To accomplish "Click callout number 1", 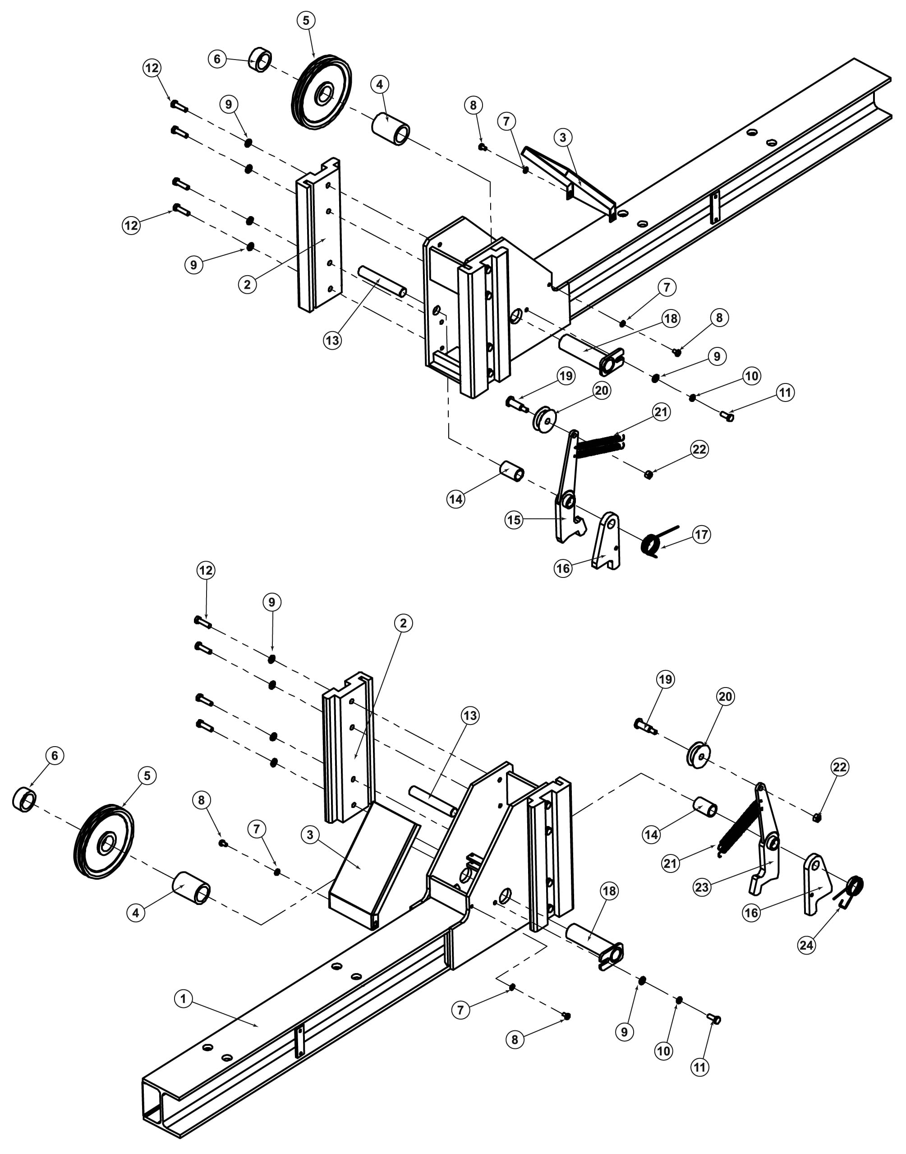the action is tap(183, 999).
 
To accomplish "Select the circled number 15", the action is tap(514, 520).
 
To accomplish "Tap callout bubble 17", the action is tap(702, 534).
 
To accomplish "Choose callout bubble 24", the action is tap(806, 945).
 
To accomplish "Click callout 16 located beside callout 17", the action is tap(563, 569).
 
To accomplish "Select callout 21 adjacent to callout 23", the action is tap(671, 863).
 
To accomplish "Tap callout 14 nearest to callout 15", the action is tap(455, 499).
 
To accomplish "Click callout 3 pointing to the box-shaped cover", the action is tap(310, 835).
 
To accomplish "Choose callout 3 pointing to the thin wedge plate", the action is tap(563, 137).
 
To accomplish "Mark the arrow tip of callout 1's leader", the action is tap(259, 1027).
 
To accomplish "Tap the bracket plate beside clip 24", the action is tap(816, 884).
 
